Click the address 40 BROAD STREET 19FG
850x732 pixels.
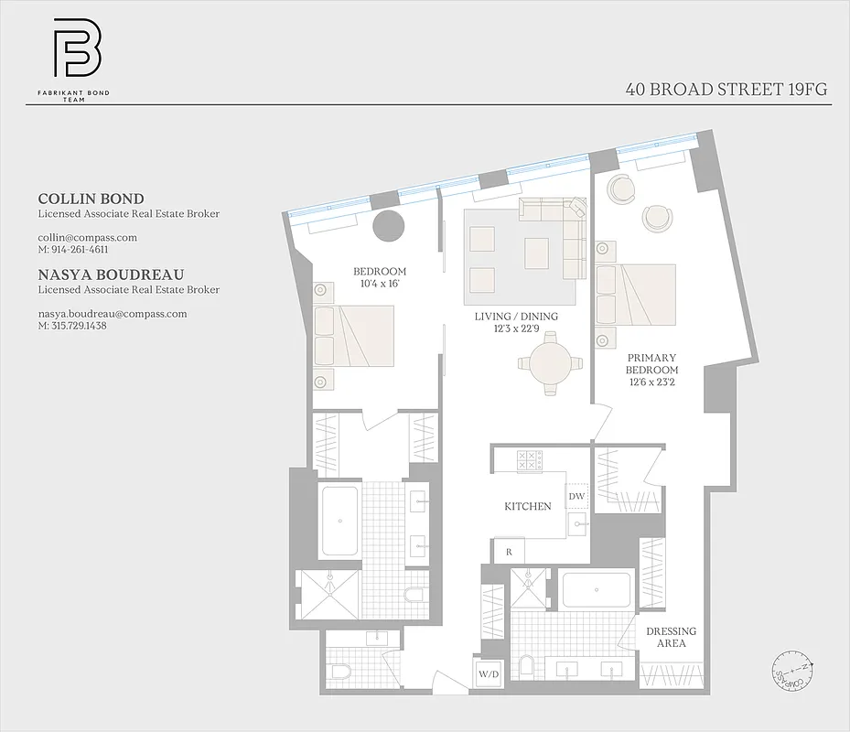click(x=727, y=90)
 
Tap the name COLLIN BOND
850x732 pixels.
click(x=91, y=199)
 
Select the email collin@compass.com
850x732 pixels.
click(x=87, y=237)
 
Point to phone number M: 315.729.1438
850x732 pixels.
click(x=72, y=326)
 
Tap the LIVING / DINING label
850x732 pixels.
click(x=516, y=322)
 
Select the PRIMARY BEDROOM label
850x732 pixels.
click(x=651, y=370)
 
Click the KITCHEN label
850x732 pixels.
click(x=528, y=506)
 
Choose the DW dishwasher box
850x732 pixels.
click(x=576, y=496)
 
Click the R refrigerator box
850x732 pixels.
click(x=509, y=552)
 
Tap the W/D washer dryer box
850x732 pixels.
click(x=488, y=675)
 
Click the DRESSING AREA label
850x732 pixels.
click(x=671, y=637)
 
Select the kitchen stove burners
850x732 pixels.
click(x=530, y=460)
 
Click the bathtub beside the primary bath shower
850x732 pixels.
click(x=596, y=590)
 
